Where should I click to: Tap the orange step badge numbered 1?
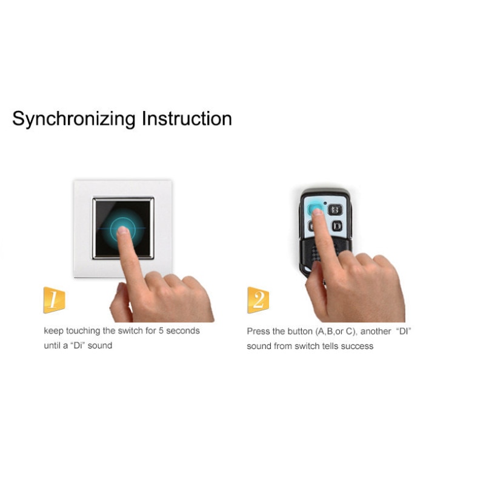54,300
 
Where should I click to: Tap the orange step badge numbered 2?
258,300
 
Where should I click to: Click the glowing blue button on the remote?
315,210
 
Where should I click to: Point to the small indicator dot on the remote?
325,202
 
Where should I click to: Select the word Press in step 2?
258,331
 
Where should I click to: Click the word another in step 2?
376,331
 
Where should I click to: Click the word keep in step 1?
53,331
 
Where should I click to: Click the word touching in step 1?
83,331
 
